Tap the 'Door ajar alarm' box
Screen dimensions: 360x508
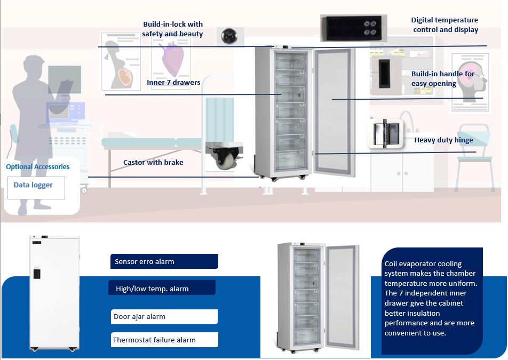[x=164, y=317]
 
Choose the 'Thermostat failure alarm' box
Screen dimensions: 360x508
[x=165, y=340]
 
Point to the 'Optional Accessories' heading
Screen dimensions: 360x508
[x=37, y=167]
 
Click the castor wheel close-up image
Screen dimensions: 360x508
[x=224, y=156]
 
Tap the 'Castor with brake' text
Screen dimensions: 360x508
[x=153, y=162]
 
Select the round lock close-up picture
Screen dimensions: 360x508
[x=230, y=36]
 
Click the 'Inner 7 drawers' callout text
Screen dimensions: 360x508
[x=173, y=83]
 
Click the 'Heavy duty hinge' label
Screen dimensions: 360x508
[x=443, y=140]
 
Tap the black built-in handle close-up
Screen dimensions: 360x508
[x=385, y=73]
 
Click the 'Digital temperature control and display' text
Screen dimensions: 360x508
[x=445, y=25]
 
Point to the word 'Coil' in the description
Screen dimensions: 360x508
[x=392, y=263]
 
